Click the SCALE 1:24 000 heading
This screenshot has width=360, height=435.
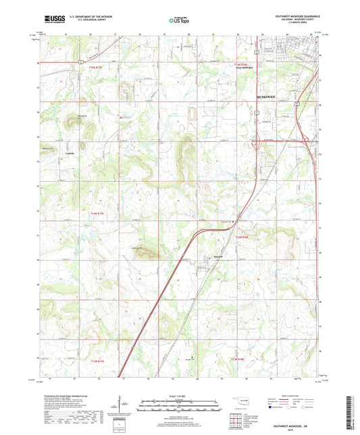click(180, 395)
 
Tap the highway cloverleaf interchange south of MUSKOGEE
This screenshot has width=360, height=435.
click(257, 142)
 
